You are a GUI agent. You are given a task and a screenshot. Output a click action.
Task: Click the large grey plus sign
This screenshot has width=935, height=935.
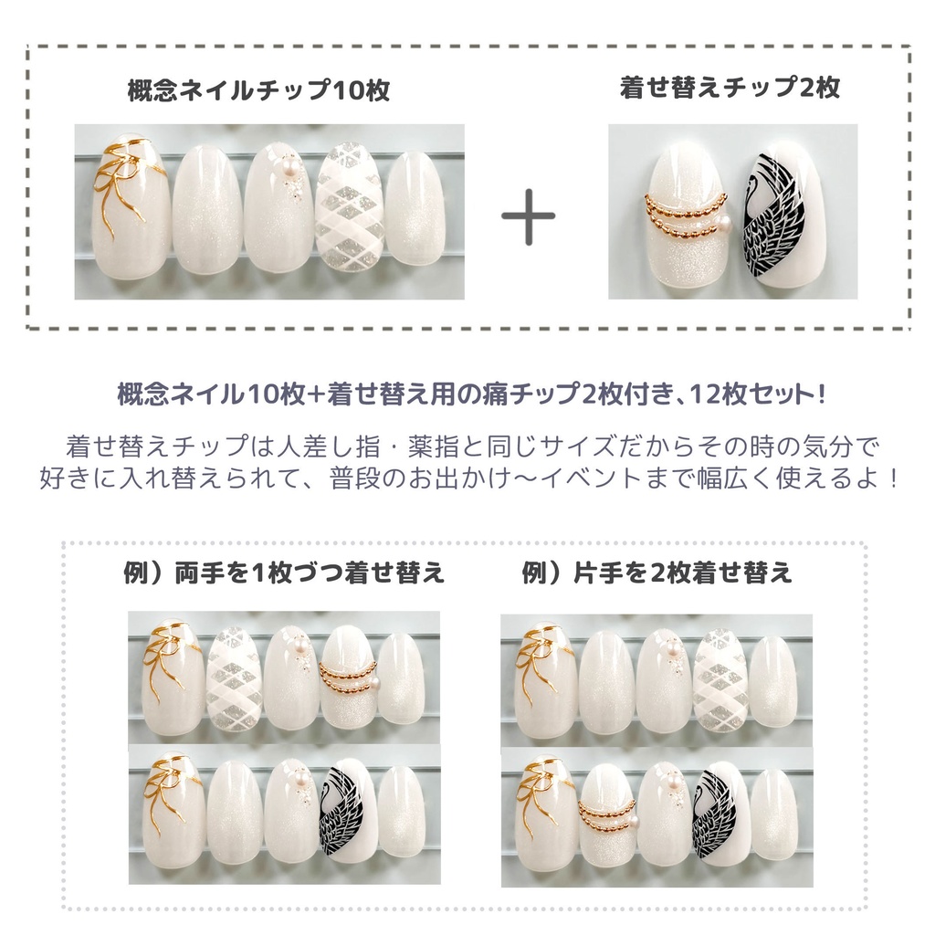tap(529, 220)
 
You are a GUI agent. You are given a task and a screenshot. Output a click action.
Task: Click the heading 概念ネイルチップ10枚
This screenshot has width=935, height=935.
tap(259, 91)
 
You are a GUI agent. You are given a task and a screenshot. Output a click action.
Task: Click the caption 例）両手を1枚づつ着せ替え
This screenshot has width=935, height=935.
tap(284, 573)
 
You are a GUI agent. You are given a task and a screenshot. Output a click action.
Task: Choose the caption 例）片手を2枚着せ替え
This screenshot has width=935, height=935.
tap(656, 573)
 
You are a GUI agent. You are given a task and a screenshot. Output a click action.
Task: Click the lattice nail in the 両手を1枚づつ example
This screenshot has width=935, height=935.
tap(235, 680)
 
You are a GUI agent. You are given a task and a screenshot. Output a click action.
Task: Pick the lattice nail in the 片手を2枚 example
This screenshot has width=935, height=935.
tap(720, 680)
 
